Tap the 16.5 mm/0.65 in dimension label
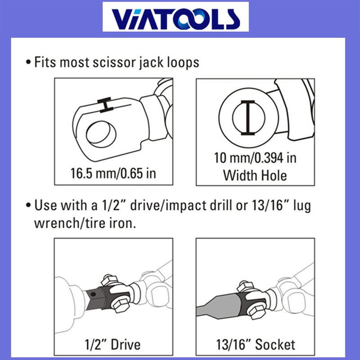(113, 173)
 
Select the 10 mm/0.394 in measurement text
(255, 158)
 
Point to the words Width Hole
(255, 175)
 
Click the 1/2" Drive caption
(112, 344)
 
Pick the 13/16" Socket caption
(256, 344)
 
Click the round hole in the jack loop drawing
(101, 134)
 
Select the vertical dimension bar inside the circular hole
(248, 117)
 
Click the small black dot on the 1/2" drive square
(93, 294)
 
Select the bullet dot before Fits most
(28, 63)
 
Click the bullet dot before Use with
(28, 205)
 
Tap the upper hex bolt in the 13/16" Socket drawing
(245, 286)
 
